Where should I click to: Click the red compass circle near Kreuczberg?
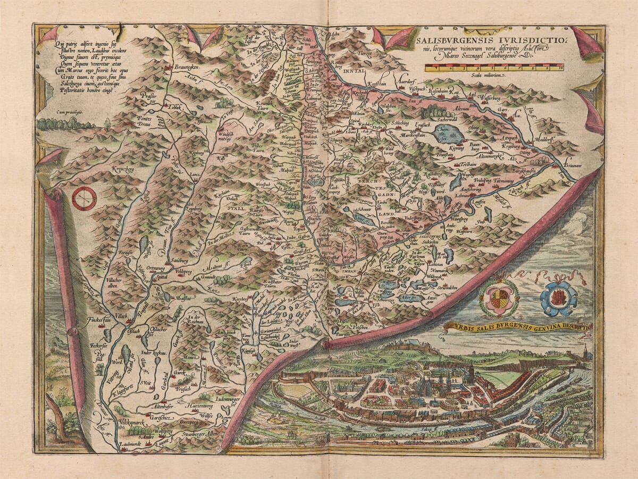[84, 199]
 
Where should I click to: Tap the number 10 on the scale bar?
[560, 68]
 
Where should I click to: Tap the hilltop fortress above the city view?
[409, 346]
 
